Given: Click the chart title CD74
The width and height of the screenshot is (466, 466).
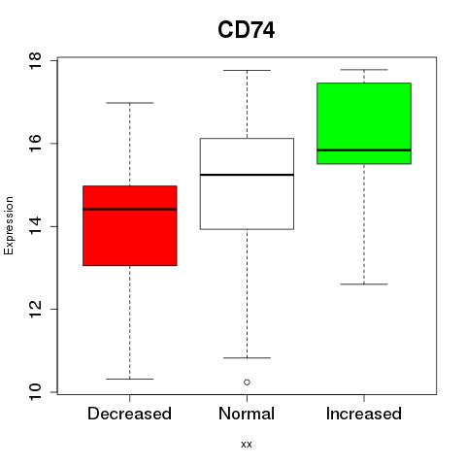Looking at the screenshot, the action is pos(247,30).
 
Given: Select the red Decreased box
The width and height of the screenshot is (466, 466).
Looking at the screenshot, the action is pos(130,226).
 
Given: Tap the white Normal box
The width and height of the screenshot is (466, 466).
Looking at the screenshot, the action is pos(247,183).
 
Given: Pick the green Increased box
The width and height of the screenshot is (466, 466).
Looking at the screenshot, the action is pos(364,123).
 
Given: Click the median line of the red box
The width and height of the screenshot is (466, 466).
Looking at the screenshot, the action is pos(130,210).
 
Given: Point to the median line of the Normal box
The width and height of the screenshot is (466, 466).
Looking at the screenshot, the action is pos(247,175).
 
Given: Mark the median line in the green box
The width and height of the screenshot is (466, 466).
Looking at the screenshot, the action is pos(364,150).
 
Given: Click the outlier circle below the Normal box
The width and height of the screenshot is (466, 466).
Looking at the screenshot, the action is pos(247,383).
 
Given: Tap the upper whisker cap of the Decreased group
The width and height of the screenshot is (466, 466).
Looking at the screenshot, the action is pos(130,103).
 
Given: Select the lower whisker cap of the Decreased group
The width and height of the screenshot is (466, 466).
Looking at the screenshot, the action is pos(130,379).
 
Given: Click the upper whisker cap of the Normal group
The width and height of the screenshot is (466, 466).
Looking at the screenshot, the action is pos(247,70).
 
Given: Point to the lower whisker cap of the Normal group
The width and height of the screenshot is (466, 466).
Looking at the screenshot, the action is pos(247,358).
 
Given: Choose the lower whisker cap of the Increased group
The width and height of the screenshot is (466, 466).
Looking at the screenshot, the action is pos(364,284).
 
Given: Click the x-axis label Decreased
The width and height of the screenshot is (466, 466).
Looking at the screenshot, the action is pos(129,414).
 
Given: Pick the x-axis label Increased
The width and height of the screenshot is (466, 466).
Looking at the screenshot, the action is pos(364,414).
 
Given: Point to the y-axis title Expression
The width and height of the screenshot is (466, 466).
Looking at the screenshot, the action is pos(9,225).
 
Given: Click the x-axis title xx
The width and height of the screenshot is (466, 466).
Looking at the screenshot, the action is pos(247,445).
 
